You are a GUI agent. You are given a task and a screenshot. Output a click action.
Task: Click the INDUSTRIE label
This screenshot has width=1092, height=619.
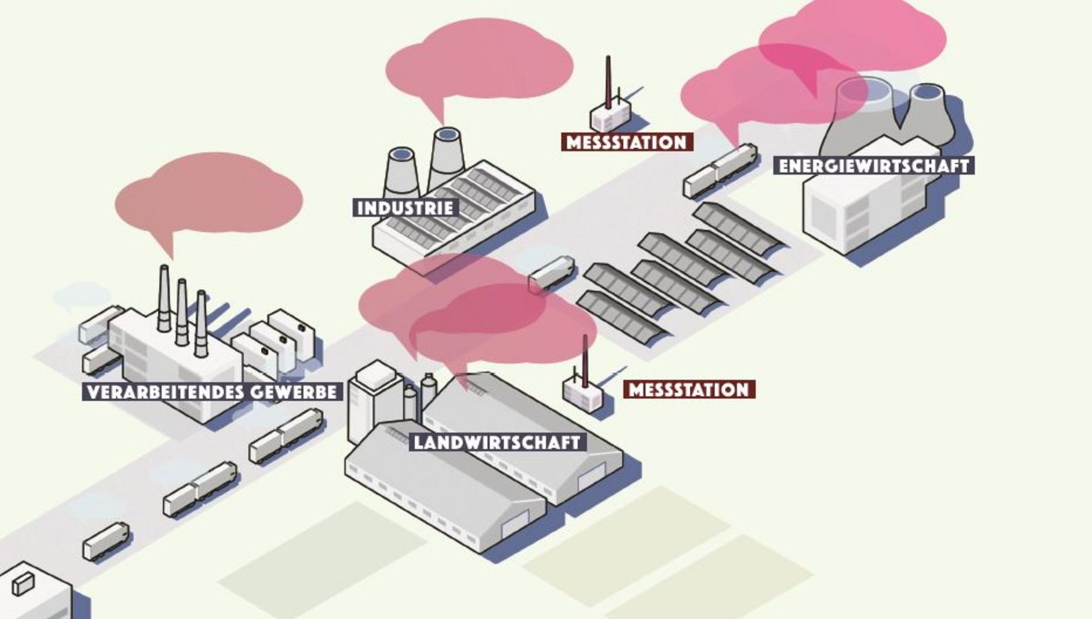click(405, 208)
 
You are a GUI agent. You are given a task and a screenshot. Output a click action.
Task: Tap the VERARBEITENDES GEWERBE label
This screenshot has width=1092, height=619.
click(212, 392)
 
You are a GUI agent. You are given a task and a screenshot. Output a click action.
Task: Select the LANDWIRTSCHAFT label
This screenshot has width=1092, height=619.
click(498, 442)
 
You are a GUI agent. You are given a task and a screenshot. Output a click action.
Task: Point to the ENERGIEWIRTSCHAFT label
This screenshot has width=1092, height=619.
click(873, 166)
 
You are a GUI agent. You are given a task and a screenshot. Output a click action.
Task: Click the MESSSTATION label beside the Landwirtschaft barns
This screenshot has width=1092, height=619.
click(689, 390)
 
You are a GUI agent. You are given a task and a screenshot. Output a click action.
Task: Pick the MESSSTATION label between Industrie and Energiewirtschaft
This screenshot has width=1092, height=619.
click(626, 142)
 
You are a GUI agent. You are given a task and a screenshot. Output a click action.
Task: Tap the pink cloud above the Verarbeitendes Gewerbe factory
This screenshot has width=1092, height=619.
click(210, 194)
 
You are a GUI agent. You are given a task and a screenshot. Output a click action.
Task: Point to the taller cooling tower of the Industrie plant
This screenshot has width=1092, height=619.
click(446, 158)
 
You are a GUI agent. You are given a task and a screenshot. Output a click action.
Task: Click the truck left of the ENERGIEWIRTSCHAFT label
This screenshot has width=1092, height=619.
click(720, 169)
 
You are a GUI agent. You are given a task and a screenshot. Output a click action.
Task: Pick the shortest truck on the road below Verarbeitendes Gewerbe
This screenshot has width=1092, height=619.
click(106, 541)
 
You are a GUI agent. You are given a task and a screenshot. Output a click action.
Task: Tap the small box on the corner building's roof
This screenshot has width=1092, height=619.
click(23, 583)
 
